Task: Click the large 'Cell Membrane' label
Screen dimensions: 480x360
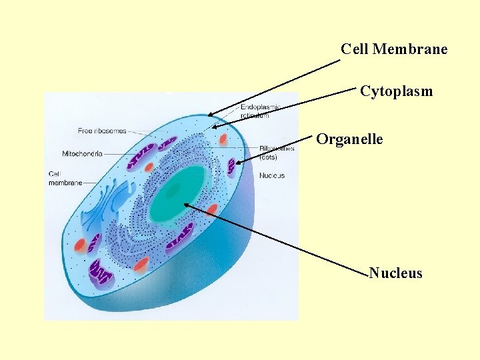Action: click(393, 49)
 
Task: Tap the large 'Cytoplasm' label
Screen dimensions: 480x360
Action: click(396, 91)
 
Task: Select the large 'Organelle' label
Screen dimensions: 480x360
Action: click(349, 139)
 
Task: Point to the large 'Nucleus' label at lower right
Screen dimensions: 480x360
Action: click(395, 273)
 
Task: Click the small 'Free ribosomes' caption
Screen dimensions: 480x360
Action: click(101, 131)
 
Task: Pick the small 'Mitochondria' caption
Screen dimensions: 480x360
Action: click(82, 153)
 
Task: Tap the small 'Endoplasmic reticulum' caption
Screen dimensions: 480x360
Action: click(259, 111)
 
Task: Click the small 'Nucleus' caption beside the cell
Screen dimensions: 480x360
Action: click(272, 175)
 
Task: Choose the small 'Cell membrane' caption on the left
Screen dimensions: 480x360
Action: click(65, 178)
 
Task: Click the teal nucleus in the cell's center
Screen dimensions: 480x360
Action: click(177, 193)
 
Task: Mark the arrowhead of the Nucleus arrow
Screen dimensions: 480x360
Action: click(186, 205)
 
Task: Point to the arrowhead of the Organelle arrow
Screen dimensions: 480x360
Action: click(237, 162)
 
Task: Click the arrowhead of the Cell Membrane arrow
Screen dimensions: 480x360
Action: click(209, 115)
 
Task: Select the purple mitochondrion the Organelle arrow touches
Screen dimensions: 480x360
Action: click(231, 166)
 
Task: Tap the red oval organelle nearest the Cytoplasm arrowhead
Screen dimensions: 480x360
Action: click(223, 139)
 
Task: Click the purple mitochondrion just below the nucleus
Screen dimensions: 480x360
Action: click(180, 236)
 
